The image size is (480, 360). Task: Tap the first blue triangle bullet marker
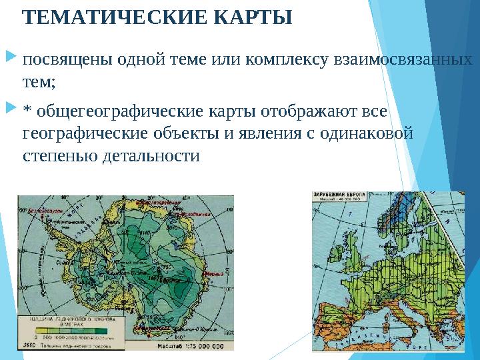[x=15, y=61]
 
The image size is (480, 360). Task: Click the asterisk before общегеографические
[x=27, y=109]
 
